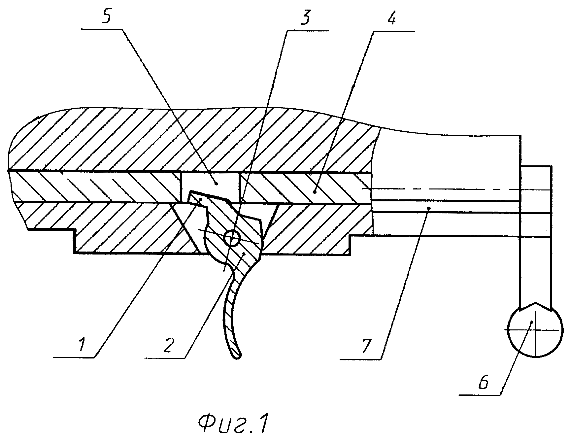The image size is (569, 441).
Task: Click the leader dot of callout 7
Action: click(x=429, y=208)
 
